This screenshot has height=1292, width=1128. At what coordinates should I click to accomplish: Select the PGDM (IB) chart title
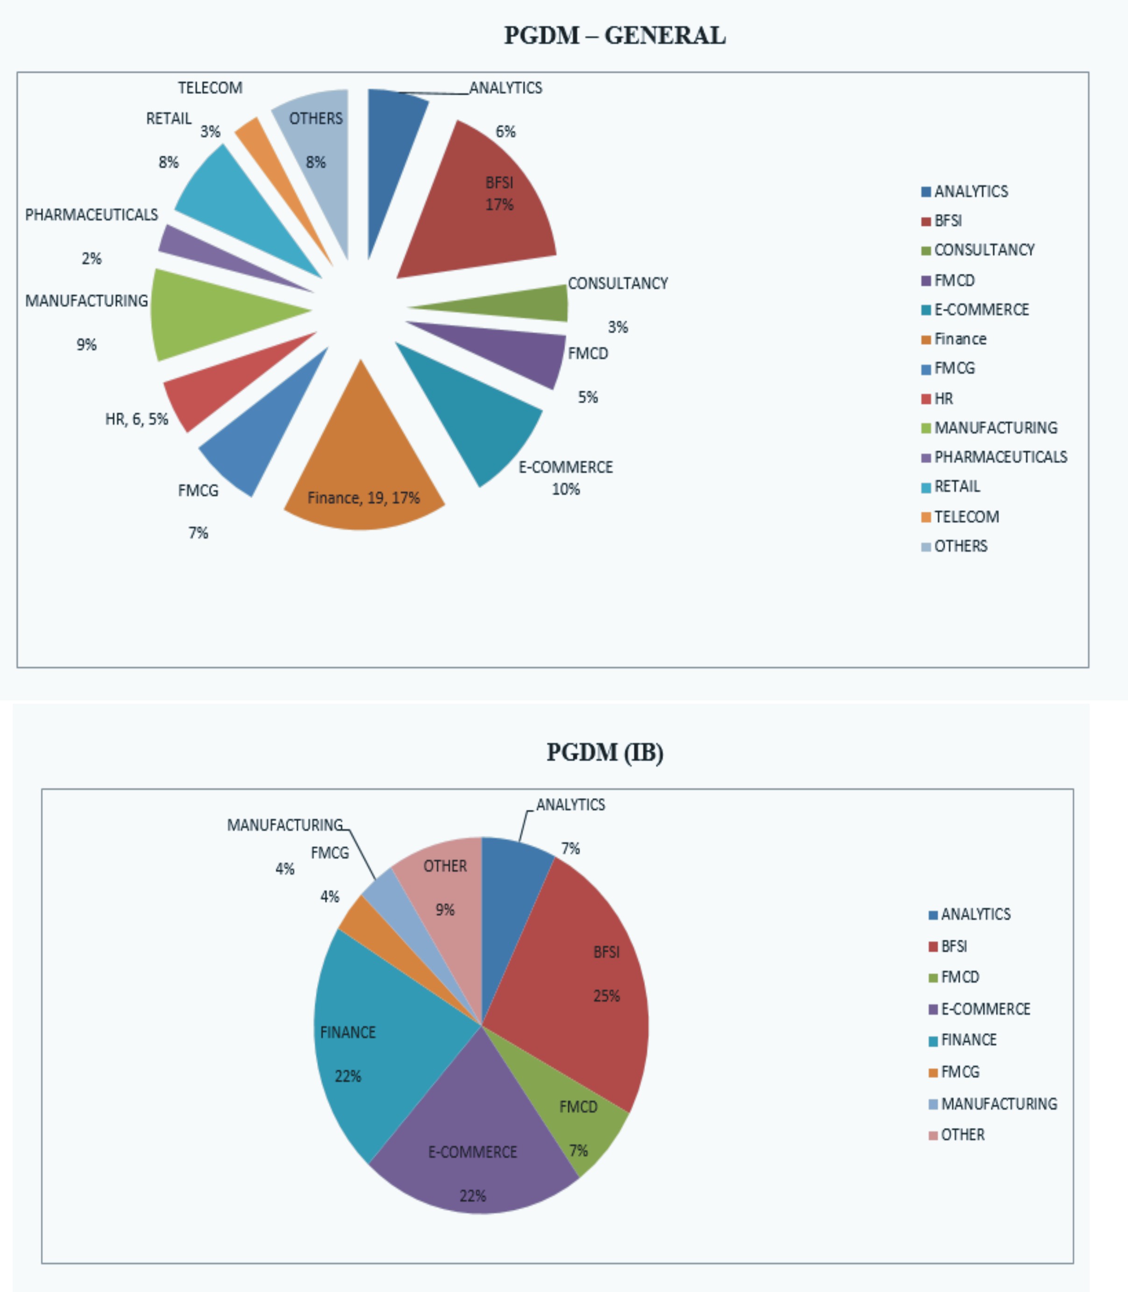604,752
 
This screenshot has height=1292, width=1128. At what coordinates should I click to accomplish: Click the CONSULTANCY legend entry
984,250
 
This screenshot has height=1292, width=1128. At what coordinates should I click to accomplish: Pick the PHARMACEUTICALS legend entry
1000,457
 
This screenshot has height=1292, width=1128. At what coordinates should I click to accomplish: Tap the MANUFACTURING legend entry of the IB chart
998,1104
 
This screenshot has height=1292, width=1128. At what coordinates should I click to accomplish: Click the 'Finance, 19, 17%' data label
363,498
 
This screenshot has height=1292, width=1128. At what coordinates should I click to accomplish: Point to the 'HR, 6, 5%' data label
136,419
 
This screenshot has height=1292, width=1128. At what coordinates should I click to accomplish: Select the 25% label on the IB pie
606,996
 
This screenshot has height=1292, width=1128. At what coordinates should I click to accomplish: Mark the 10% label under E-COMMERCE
565,489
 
